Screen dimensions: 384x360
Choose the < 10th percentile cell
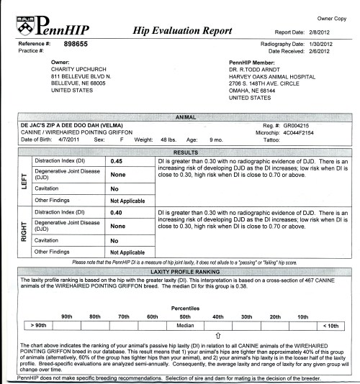[x=330, y=306]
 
